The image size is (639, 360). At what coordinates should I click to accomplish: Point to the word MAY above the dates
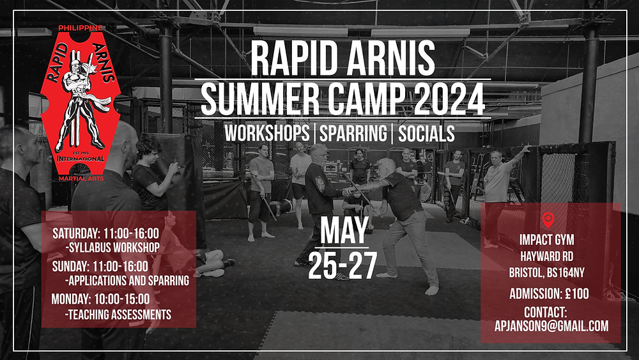[344, 231]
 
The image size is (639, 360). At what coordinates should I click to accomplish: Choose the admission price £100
[574, 294]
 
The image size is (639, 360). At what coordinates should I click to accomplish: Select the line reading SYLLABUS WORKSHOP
[112, 247]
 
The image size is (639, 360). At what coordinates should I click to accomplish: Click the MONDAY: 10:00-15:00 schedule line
[101, 299]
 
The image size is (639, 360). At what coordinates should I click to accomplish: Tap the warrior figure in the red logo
[79, 106]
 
